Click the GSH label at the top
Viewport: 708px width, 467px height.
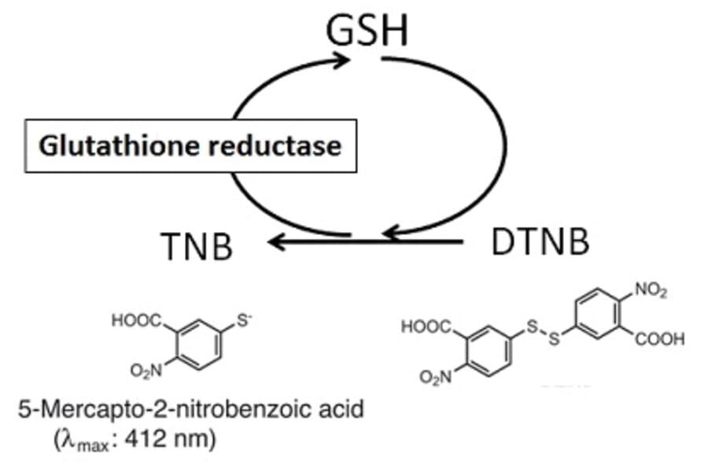(368, 31)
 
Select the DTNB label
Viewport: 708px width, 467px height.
(540, 243)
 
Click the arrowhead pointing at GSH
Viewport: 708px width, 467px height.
(340, 60)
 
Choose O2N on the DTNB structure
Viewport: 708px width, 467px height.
(437, 379)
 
